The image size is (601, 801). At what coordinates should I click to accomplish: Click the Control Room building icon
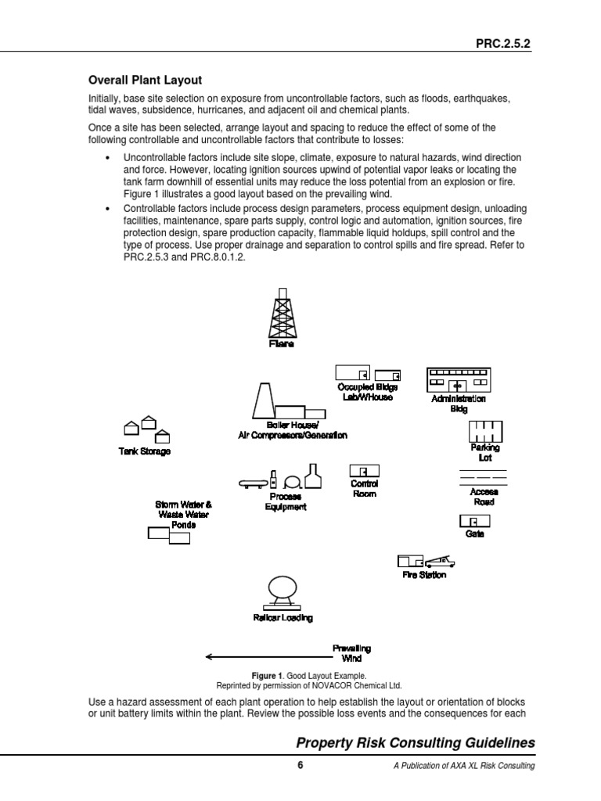[x=364, y=470]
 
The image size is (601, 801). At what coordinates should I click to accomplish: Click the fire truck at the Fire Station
[x=440, y=561]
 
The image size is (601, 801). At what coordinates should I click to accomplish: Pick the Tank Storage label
[x=144, y=451]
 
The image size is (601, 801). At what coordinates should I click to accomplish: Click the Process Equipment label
[x=286, y=501]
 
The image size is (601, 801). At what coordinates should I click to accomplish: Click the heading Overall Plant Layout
[x=144, y=80]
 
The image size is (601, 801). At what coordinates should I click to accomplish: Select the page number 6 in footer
[x=300, y=766]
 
